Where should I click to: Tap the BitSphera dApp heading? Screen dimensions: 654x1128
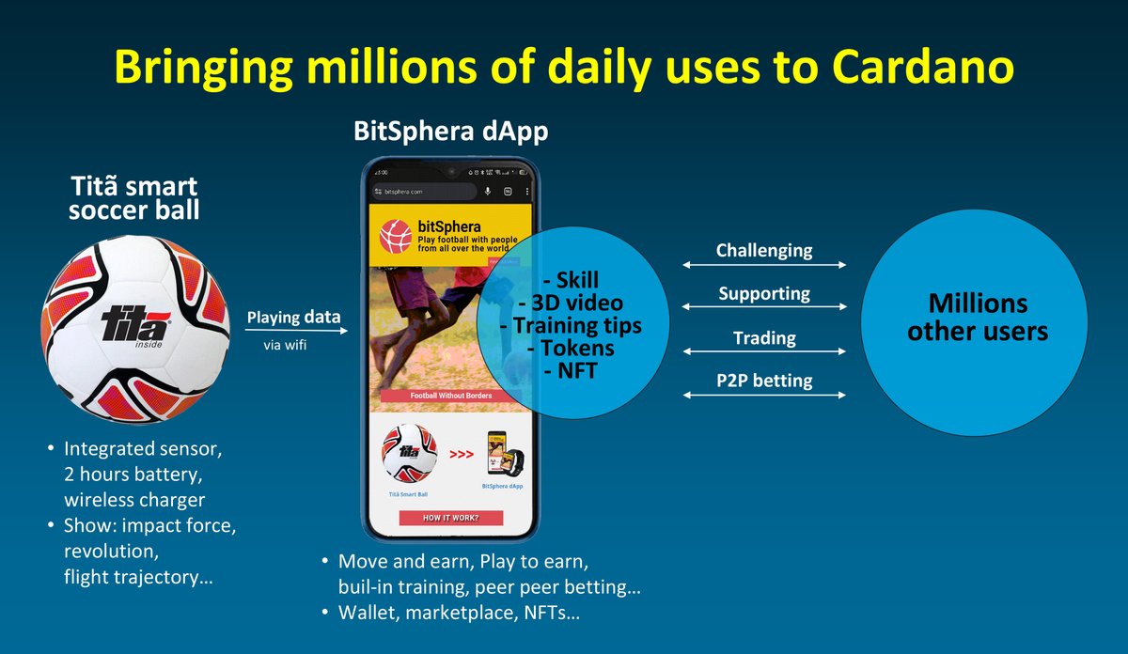[x=451, y=132]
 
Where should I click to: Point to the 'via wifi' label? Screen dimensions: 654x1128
[x=285, y=346]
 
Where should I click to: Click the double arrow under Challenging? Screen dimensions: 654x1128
[x=764, y=265]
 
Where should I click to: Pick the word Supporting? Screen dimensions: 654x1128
[x=764, y=293]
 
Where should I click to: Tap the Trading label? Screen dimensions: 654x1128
[x=764, y=337]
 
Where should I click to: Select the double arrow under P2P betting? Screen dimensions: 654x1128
[x=764, y=396]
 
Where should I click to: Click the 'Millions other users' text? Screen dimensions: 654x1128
[x=977, y=317]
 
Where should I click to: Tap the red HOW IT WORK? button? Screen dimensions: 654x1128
[x=451, y=518]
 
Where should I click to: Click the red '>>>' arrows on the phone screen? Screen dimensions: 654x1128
[x=462, y=455]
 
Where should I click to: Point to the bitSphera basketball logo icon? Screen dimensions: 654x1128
[x=396, y=236]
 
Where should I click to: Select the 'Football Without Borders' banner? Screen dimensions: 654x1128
[x=451, y=396]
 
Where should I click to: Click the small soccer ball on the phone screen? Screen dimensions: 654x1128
[x=409, y=453]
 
